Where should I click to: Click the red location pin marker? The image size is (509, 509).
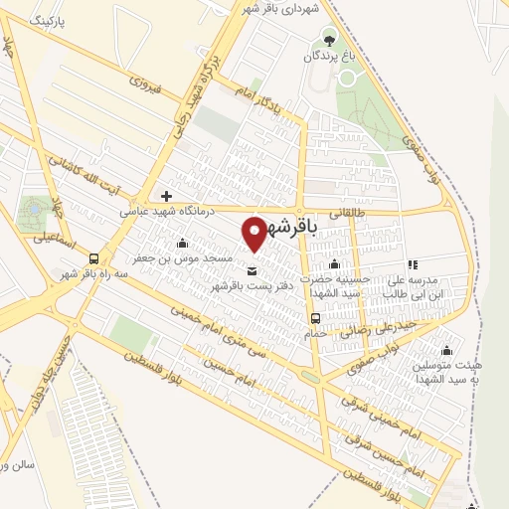click(x=256, y=234)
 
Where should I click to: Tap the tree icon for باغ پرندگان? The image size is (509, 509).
click(x=329, y=41)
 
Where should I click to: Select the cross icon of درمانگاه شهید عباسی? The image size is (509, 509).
click(x=166, y=195)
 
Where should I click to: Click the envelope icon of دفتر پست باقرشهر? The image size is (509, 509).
click(x=251, y=271)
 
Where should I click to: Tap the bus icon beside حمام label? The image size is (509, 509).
click(x=315, y=318)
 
